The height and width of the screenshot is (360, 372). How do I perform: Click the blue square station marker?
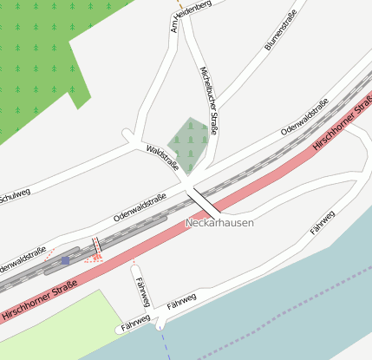coord(65,259)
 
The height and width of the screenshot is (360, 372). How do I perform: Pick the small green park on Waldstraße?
coord(191,139)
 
